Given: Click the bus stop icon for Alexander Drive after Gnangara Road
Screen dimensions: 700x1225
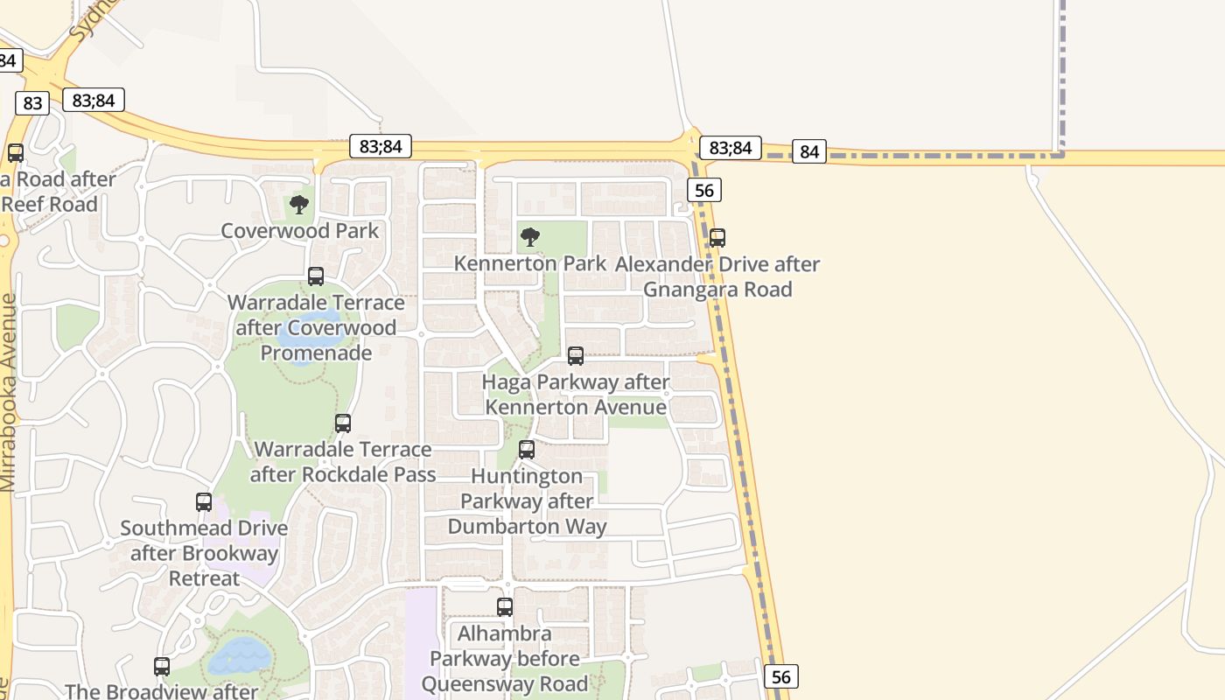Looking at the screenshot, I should coord(717,237).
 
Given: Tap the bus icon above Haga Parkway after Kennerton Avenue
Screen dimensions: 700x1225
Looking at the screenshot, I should coord(576,356).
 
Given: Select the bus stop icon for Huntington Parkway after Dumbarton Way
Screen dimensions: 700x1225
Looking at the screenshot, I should coord(527,450).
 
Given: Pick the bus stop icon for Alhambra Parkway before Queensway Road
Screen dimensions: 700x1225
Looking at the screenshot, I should coord(505,607).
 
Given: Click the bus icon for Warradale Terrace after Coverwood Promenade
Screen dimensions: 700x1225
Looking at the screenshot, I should coord(316,276).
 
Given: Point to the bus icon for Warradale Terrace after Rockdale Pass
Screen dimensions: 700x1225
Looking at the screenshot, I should coord(343,423).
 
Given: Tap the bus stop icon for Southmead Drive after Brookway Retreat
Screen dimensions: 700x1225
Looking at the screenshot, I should coord(204,502).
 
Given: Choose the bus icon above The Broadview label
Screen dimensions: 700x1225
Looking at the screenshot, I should coord(162,667).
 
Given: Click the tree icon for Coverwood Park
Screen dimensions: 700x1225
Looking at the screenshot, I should coord(299,206).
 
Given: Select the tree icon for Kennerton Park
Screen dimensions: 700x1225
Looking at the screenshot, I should coord(529,237).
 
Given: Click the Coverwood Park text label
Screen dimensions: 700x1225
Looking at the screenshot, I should coord(299,231).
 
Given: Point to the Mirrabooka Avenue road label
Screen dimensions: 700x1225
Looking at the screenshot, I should coord(9,392).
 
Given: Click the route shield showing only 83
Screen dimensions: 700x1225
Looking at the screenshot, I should coord(32,103).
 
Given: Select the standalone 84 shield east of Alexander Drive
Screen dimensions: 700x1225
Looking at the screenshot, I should coord(809,152).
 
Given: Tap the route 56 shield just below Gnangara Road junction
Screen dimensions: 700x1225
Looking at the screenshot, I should coord(704,190).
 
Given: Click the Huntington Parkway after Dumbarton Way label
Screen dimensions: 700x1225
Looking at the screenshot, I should coord(527,501).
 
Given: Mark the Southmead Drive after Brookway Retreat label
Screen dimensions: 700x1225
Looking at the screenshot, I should coord(204,553).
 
